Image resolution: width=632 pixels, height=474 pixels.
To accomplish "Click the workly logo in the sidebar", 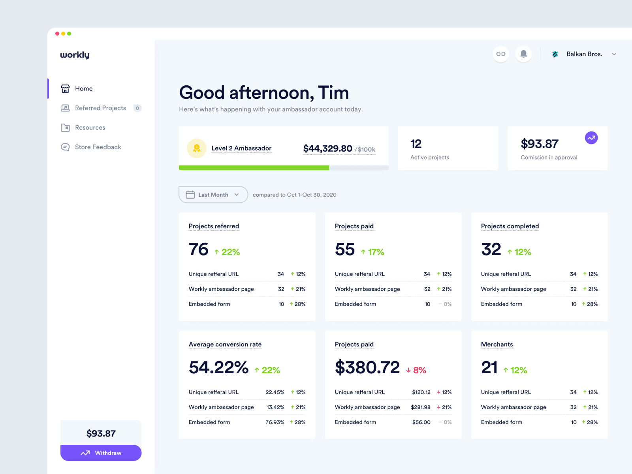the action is pyautogui.click(x=75, y=55).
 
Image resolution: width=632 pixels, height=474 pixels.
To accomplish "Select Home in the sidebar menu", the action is pyautogui.click(x=83, y=88).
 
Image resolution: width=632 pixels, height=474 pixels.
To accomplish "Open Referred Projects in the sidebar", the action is pyautogui.click(x=100, y=108).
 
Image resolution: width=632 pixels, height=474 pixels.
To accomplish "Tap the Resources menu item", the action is pyautogui.click(x=90, y=128).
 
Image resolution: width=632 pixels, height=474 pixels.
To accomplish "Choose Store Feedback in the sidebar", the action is pyautogui.click(x=98, y=147).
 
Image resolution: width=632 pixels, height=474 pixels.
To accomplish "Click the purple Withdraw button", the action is pyautogui.click(x=101, y=453).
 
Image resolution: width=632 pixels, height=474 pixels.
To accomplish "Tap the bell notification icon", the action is pyautogui.click(x=523, y=54).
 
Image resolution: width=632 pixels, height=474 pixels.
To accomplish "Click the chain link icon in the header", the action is pyautogui.click(x=501, y=54).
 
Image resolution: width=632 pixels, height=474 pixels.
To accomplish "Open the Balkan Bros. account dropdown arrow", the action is pyautogui.click(x=614, y=54).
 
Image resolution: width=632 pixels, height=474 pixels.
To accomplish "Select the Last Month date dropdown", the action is pyautogui.click(x=213, y=195).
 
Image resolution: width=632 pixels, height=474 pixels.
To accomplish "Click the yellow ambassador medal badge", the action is pyautogui.click(x=197, y=148).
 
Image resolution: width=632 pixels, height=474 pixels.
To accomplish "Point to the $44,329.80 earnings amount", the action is pyautogui.click(x=327, y=149).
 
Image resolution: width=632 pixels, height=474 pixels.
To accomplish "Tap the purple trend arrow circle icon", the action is pyautogui.click(x=591, y=138).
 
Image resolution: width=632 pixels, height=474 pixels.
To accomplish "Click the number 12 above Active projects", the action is pyautogui.click(x=416, y=144).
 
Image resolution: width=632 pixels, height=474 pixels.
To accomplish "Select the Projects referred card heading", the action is pyautogui.click(x=214, y=226).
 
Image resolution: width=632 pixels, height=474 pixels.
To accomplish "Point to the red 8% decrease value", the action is pyautogui.click(x=416, y=370).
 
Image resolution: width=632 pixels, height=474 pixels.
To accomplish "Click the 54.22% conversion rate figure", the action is pyautogui.click(x=218, y=367).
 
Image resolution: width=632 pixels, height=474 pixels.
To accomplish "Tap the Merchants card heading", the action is pyautogui.click(x=497, y=344).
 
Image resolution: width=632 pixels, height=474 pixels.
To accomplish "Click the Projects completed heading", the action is pyautogui.click(x=510, y=226).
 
